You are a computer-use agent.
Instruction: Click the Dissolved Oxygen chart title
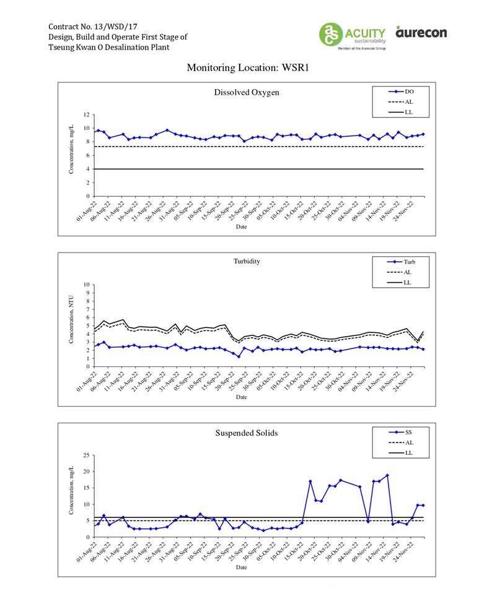(x=246, y=93)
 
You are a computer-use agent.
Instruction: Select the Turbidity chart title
(x=246, y=261)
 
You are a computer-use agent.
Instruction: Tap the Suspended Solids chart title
(x=246, y=433)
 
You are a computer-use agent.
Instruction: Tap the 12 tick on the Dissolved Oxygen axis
(x=87, y=115)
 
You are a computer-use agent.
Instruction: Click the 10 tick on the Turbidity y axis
(x=87, y=285)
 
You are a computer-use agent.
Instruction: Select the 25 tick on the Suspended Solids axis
(x=87, y=455)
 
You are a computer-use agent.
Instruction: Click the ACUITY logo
(x=353, y=35)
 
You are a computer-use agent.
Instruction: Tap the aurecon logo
(x=421, y=32)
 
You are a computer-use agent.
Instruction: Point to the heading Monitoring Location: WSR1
(x=247, y=67)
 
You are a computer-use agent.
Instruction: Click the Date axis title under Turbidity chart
(x=241, y=397)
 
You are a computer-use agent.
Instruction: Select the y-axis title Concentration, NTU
(x=72, y=319)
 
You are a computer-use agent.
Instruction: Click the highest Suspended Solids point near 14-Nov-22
(x=387, y=475)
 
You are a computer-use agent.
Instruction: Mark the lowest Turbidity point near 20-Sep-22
(x=239, y=356)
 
